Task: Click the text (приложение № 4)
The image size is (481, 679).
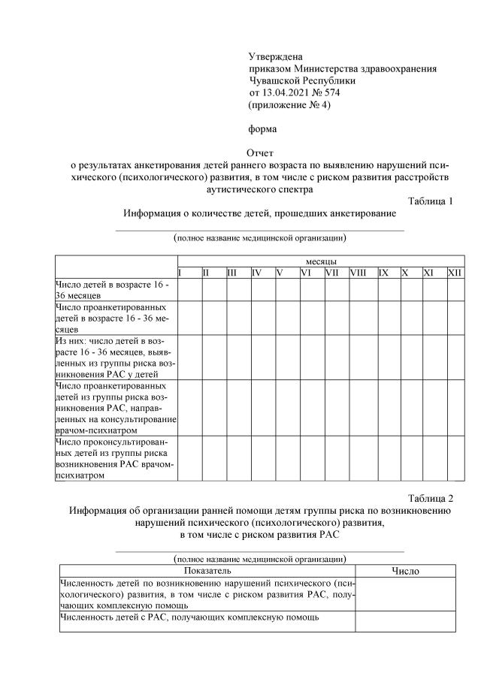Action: tap(289, 104)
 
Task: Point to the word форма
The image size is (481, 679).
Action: tap(262, 128)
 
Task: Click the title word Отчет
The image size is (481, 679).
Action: tap(261, 152)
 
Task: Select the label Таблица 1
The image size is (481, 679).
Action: tap(431, 201)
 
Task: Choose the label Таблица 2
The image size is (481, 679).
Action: tap(431, 498)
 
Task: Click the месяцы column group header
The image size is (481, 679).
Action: tap(320, 260)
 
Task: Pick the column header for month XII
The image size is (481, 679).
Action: tap(455, 272)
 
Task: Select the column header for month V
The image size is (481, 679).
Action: tap(279, 272)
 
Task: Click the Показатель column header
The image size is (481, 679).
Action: tap(207, 571)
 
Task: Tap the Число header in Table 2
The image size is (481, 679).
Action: tap(406, 571)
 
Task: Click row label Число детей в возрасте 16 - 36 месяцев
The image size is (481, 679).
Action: tap(113, 290)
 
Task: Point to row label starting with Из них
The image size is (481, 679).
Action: tap(113, 357)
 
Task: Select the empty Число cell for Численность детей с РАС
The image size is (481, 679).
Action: tap(406, 622)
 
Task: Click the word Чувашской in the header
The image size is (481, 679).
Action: tap(277, 80)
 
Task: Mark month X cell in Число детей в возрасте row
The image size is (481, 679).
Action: tap(410, 290)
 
